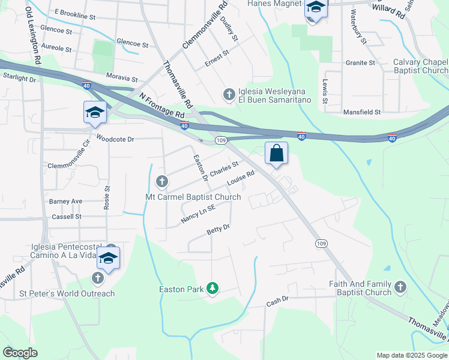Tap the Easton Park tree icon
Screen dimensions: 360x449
(212, 289)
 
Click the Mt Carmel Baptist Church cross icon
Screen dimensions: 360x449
(161, 181)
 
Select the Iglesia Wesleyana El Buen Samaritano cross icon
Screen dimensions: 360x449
(229, 94)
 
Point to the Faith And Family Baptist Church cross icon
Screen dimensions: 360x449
(400, 288)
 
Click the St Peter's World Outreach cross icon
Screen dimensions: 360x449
(97, 278)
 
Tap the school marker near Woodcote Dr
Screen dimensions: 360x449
(95, 113)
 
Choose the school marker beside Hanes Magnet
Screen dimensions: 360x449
(315, 8)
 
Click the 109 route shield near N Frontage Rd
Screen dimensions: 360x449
(221, 140)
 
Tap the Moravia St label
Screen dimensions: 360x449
(122, 79)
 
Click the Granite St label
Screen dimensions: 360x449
(360, 62)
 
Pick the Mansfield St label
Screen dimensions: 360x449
(362, 112)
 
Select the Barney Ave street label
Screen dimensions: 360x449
(66, 202)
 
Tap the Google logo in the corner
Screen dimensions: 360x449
(20, 353)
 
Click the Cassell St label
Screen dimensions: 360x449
(66, 217)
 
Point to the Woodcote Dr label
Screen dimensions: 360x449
(115, 139)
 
